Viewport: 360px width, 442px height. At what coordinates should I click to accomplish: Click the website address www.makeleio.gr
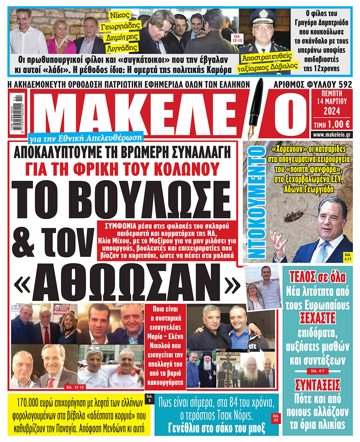pyautogui.click(x=332, y=135)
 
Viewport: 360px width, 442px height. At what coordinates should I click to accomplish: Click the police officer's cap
pyautogui.click(x=262, y=17)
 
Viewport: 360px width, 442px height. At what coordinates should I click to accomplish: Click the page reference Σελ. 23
pyautogui.click(x=274, y=416)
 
